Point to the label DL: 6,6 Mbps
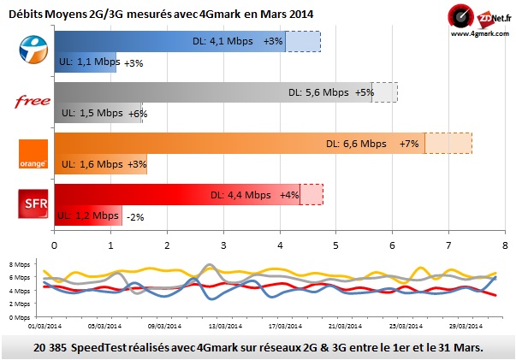(355, 145)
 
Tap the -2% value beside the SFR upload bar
(134, 217)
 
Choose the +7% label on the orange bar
(409, 145)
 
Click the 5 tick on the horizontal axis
(335, 245)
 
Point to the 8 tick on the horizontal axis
(504, 245)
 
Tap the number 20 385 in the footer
(55, 346)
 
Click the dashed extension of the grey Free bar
(384, 92)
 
